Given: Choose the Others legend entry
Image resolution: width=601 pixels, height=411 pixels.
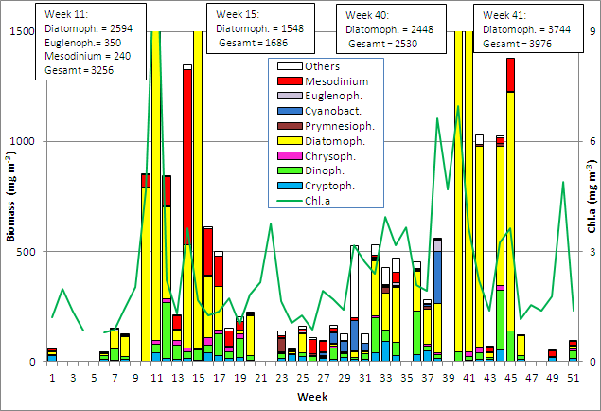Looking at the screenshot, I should (x=318, y=66).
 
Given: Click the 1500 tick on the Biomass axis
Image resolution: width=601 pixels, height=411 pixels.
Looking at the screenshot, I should (x=23, y=31).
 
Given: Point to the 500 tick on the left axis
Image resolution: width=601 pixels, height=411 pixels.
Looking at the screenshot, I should (x=26, y=251).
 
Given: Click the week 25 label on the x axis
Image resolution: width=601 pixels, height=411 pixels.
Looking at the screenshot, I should (x=303, y=377).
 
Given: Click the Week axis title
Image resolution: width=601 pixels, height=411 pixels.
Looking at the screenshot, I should (x=312, y=395).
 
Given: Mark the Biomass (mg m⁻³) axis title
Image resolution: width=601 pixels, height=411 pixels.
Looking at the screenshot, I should (x=10, y=196).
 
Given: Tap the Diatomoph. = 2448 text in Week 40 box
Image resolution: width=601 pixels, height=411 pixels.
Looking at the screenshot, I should (x=383, y=28).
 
